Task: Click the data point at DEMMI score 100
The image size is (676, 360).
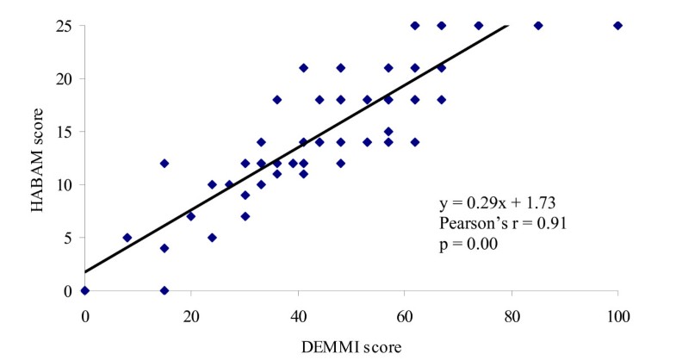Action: tap(617, 25)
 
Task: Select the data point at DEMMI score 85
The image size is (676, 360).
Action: tap(538, 25)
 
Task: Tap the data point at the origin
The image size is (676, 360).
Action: tap(84, 290)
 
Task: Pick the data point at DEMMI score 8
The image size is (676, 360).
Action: tap(127, 238)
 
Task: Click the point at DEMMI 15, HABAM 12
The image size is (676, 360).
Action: tap(164, 163)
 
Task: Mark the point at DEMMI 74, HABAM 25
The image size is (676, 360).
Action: tap(479, 25)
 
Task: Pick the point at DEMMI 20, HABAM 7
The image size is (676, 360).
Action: tap(191, 216)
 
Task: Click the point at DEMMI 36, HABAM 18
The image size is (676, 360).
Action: tap(276, 99)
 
